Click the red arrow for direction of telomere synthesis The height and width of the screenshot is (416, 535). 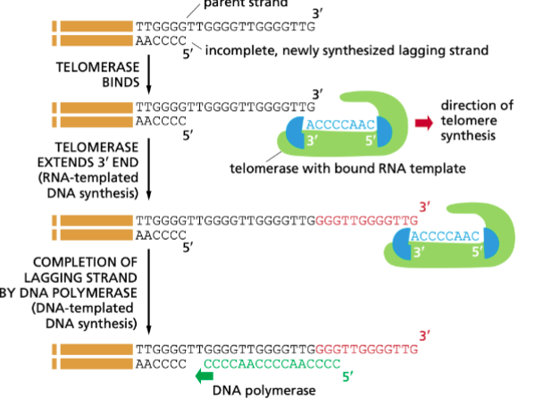coord(420,123)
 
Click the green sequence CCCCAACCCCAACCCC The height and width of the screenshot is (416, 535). coord(272,365)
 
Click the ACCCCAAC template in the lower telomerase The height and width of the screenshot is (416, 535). coord(444,235)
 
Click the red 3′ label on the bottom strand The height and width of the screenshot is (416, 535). coord(424,335)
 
